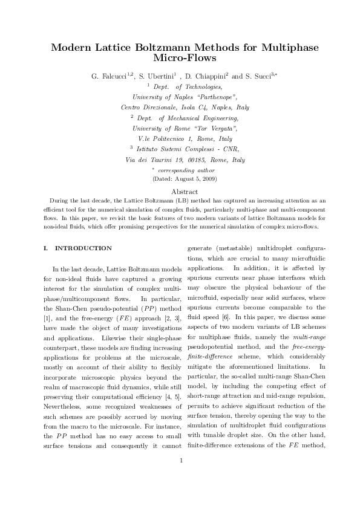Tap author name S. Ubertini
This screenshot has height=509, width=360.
pyautogui.click(x=155, y=77)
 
